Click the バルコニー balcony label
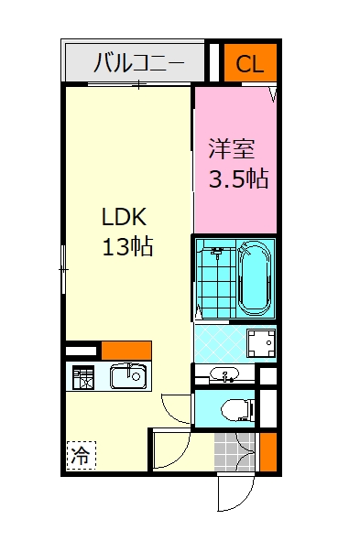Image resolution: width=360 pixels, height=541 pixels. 138,63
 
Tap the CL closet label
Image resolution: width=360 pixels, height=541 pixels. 250,64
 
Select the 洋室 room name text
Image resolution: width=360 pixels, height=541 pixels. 232,148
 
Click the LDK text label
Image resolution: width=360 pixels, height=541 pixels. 125,217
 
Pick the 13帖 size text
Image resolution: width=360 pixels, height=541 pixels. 127,246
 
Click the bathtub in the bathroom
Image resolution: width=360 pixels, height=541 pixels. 255,277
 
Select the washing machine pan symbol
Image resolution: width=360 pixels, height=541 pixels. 261,342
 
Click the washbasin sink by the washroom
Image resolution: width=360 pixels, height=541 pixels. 224,374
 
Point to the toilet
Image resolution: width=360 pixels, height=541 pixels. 237,409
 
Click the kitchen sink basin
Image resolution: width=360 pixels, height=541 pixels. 128,376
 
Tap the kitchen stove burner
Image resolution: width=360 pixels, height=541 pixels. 83,377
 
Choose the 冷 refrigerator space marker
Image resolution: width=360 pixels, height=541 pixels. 82,456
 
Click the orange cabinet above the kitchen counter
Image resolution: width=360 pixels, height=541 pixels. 126,351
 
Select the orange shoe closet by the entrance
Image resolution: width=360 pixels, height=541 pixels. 268,452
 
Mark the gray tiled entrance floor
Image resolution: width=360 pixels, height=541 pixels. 235,452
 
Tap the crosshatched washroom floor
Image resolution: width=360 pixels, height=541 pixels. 221,343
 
